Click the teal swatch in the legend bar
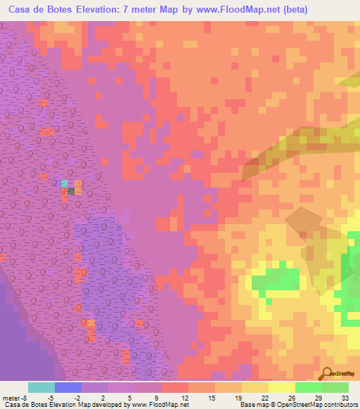41,387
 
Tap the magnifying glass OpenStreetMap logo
326,374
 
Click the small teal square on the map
65,183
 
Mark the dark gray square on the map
70,190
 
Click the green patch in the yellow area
275,277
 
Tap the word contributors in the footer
341,405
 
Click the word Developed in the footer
108,405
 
